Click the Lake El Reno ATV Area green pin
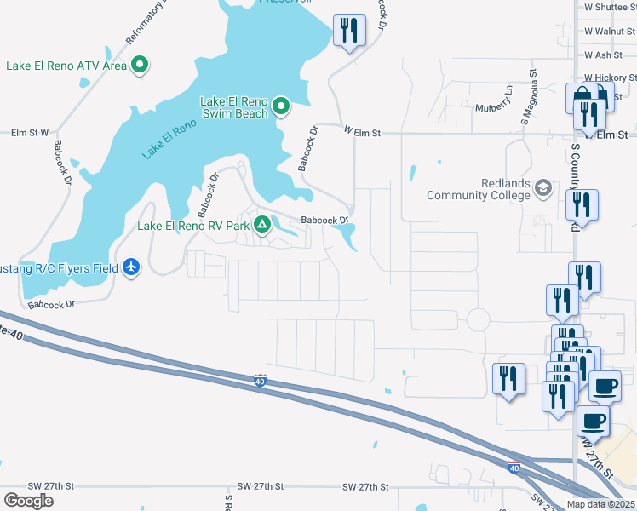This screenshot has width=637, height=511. [x=141, y=66]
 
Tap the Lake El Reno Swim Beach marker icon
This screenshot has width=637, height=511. [x=281, y=107]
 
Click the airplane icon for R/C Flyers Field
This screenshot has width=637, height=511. [x=130, y=267]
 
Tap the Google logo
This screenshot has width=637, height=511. [x=28, y=500]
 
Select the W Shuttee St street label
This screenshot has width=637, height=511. [x=610, y=7]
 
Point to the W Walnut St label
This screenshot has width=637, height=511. [x=610, y=32]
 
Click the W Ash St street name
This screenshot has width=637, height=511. [x=603, y=55]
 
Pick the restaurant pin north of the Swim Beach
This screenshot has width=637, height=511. [x=347, y=32]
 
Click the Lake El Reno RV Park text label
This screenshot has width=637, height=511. [x=193, y=227]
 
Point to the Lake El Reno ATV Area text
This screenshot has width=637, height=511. [x=66, y=66]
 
